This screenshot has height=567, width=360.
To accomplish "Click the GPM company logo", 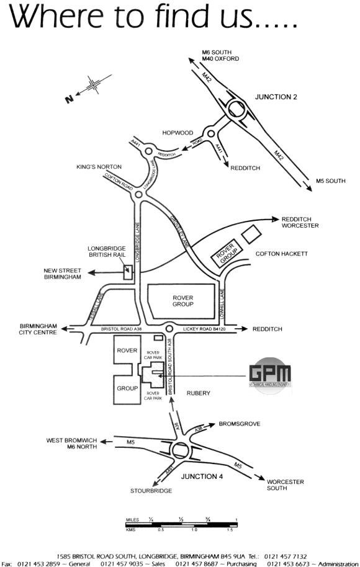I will (269, 375).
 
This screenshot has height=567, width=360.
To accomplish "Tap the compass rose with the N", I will (92, 86).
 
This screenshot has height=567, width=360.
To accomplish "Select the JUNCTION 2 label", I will (276, 97).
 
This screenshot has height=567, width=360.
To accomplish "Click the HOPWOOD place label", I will (178, 133).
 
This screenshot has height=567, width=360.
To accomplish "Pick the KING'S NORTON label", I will (99, 167).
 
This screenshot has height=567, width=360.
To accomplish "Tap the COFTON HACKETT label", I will (281, 253).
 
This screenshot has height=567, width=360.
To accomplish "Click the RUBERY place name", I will (198, 393).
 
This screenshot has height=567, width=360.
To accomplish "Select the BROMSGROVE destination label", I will (239, 424).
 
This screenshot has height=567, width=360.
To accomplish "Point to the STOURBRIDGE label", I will (150, 491).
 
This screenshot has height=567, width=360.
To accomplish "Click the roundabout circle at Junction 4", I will (182, 451).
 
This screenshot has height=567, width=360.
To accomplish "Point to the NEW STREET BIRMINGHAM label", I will (61, 274).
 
